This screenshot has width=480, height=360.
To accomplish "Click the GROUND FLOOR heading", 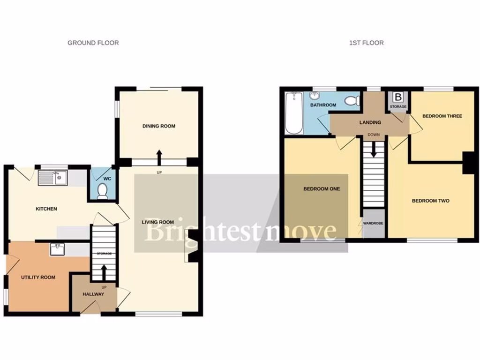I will tap(93, 43).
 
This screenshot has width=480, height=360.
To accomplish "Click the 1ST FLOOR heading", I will tap(366, 43).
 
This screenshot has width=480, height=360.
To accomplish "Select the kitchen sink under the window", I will tap(53, 177).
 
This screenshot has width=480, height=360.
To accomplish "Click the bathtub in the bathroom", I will tap(294, 112).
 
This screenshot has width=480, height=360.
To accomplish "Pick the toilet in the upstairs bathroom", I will tap(352, 100).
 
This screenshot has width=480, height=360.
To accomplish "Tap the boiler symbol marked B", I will tap(398, 97).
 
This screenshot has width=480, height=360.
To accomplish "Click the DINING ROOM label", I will tap(159, 126).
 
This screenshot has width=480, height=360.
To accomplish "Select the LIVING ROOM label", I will tap(158, 222).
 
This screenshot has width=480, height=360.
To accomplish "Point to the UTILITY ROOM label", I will tap(38, 277).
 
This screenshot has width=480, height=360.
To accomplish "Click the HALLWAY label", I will tap(93, 294).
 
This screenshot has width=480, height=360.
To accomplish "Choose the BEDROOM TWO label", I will tap(430, 201).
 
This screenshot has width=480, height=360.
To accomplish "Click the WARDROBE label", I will tap(374, 223).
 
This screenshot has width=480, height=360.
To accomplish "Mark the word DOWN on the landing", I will tap(374, 135).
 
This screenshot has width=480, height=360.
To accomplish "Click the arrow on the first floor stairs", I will tap(374, 151).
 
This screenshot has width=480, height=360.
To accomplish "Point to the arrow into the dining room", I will tap(159, 157).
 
